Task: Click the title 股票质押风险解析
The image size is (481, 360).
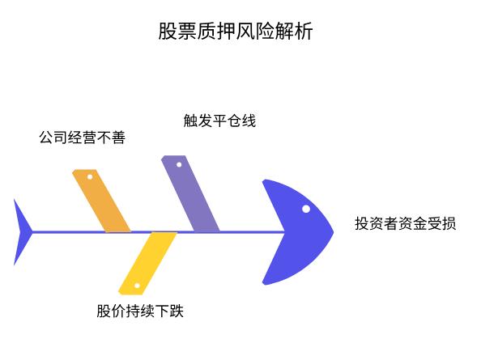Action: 236,32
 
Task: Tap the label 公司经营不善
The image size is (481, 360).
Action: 82,138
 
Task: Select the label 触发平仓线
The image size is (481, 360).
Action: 219,121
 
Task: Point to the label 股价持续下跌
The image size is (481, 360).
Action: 140,311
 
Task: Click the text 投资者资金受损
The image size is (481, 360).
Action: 405,223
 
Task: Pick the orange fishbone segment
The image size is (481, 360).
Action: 102,201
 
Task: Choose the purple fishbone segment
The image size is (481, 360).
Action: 191,195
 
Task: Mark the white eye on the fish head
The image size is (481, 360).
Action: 306,209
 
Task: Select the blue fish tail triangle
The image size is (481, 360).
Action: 21,232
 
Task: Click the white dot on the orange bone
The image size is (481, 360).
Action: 90,176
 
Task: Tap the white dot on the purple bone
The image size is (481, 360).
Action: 179,164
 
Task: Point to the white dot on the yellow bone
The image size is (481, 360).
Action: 137,286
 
